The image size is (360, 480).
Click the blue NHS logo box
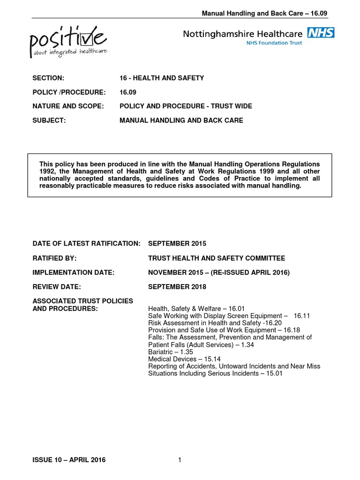coord(321,33)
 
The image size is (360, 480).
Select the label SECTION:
coord(48,78)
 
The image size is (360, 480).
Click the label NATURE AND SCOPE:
coord(67,106)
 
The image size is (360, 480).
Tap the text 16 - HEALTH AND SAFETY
coord(162,78)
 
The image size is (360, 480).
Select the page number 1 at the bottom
coord(180,460)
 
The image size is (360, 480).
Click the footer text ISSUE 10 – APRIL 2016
coord(69,460)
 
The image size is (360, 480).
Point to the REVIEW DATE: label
coord(57,286)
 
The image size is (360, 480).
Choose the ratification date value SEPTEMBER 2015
coord(177,244)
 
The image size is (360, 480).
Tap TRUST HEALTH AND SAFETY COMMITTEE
coord(216,258)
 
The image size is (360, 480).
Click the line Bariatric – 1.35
coord(171,352)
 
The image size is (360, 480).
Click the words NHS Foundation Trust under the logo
coord(274,42)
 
